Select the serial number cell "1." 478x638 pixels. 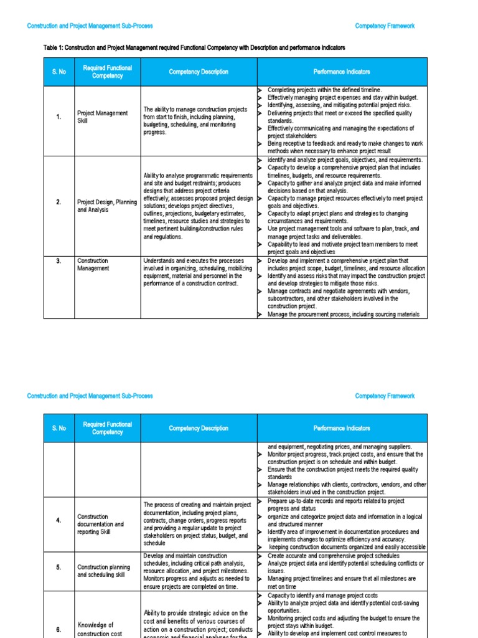59,117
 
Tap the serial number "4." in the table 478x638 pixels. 59,520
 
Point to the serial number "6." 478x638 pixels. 59,629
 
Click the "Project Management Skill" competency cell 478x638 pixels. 102,117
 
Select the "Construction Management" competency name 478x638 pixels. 93,264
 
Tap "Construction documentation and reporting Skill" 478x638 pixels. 100,524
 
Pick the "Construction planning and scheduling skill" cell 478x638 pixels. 103,571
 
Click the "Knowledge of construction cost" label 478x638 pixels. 95,629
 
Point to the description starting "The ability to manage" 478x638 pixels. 195,120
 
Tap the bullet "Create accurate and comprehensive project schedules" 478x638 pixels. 334,556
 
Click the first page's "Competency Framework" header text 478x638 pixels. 384,26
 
